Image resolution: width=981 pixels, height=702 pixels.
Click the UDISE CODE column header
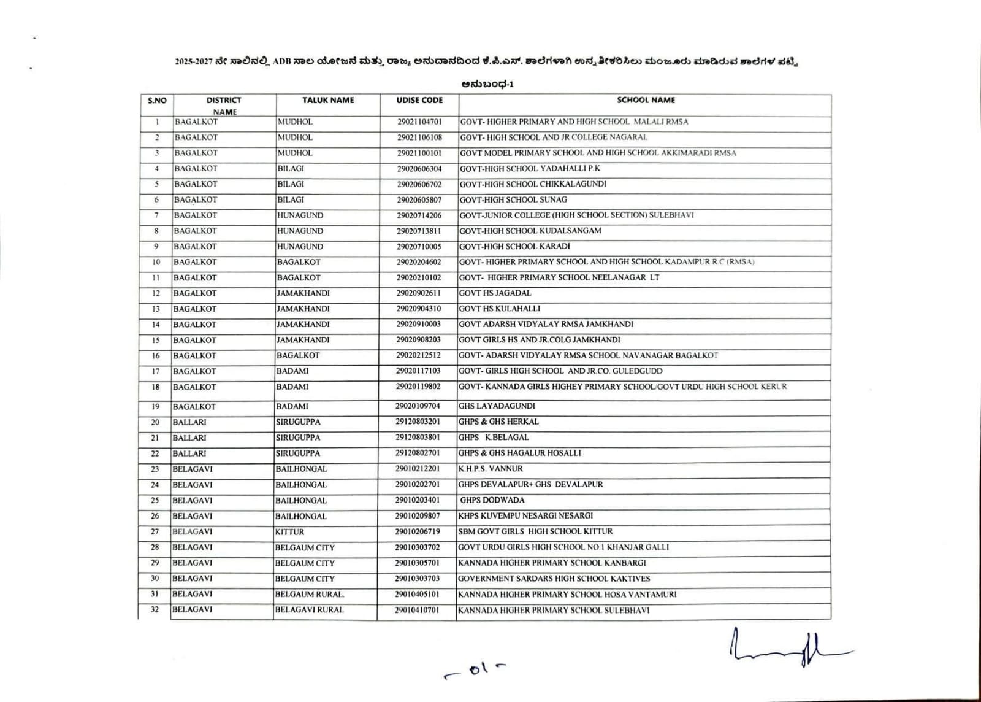tap(419, 100)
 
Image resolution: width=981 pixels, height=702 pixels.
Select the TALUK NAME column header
tap(328, 100)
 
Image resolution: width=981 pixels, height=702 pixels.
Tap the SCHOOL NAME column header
tap(646, 99)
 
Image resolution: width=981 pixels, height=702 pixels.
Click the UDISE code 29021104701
tap(419, 121)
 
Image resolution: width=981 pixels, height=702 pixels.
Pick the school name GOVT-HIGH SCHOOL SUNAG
tap(513, 199)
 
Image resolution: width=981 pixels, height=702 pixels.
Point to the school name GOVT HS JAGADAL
tap(495, 293)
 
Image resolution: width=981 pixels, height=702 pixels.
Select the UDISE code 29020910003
tap(418, 324)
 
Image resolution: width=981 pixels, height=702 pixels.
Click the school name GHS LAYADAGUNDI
tap(497, 406)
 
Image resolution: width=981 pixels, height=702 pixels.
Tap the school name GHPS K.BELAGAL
tap(494, 437)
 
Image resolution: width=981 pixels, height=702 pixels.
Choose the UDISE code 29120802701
tap(418, 453)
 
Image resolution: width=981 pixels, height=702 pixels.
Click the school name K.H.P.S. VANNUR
tap(490, 468)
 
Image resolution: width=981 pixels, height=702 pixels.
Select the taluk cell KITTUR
tap(289, 532)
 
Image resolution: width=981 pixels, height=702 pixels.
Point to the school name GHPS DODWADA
tap(492, 500)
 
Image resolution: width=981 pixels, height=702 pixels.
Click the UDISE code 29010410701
tap(417, 610)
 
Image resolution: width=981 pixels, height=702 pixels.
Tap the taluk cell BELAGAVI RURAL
tap(309, 610)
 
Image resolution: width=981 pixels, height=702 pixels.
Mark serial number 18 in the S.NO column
tap(156, 387)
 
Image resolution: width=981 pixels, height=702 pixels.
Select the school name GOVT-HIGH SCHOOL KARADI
tap(514, 246)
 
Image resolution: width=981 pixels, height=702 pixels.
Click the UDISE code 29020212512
tap(418, 355)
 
